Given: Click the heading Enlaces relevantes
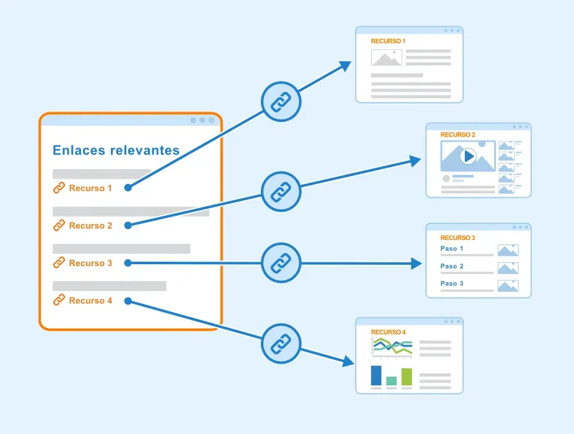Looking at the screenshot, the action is coord(116,150).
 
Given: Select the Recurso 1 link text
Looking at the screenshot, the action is coord(91,188).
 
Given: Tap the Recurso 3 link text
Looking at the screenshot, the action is coord(91,263).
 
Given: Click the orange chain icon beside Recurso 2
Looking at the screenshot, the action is coord(59,225).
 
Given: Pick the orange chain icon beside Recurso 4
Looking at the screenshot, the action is coord(59,300).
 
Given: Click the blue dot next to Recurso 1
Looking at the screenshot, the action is coord(128,188).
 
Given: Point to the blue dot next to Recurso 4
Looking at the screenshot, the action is coord(128,301).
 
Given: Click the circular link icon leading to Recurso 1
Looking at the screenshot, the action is coord(281,101).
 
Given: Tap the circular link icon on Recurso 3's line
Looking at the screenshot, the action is coord(281,263).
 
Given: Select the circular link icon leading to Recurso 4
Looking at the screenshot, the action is coord(281,343).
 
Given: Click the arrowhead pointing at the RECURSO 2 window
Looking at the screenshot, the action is coord(415,161).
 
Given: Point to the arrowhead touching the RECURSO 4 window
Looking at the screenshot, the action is coord(348,361).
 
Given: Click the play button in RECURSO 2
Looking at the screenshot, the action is coord(468,156).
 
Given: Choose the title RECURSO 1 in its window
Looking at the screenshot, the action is coord(388,41).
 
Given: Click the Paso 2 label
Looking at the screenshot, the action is coord(452,266).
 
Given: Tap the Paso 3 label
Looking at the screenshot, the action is coord(452,283).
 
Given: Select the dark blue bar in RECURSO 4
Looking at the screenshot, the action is coord(376,375).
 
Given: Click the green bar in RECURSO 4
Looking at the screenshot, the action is coord(407,377).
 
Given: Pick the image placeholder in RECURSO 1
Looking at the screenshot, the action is coord(386,57).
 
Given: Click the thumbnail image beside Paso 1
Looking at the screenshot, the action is coord(508,250).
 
